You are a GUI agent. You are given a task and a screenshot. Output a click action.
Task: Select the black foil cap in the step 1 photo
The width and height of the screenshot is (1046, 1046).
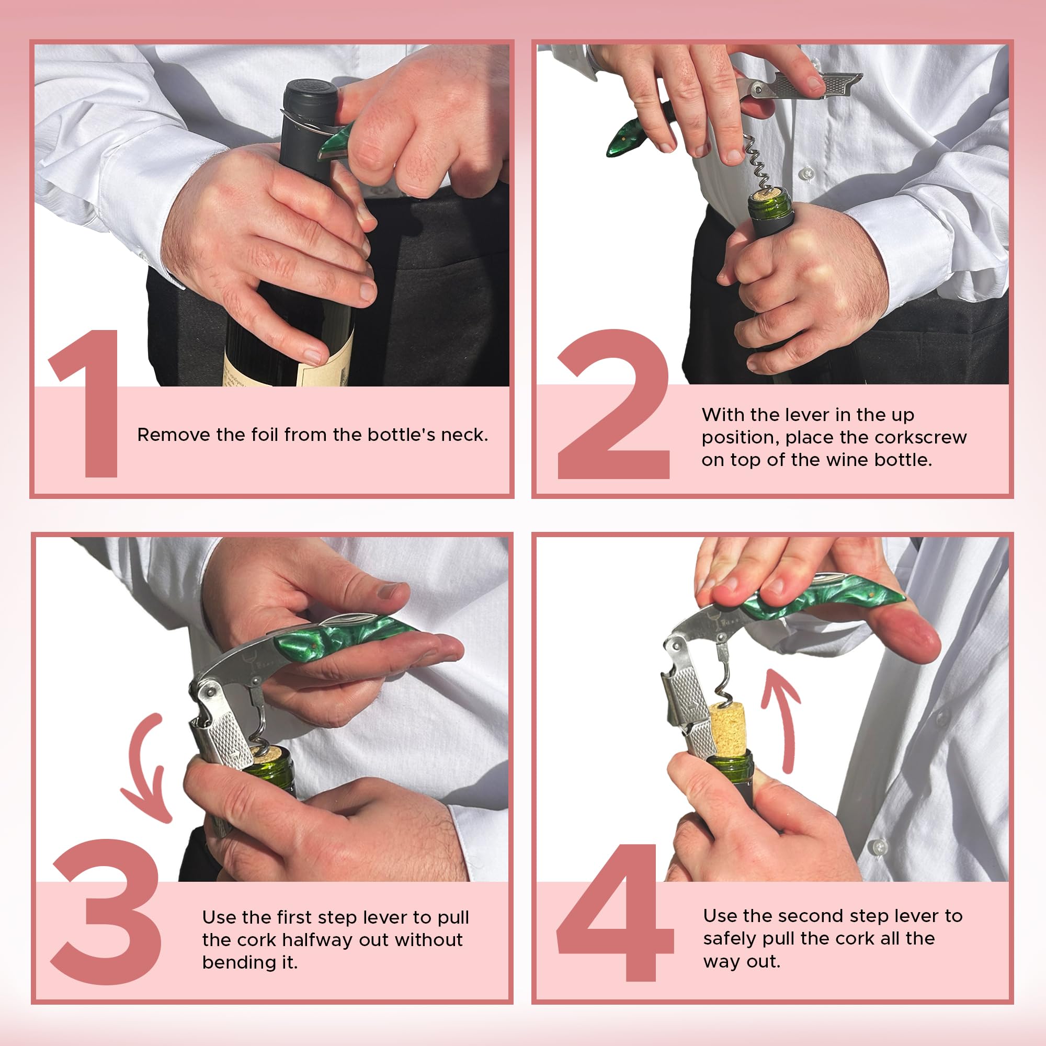tap(307, 103)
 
